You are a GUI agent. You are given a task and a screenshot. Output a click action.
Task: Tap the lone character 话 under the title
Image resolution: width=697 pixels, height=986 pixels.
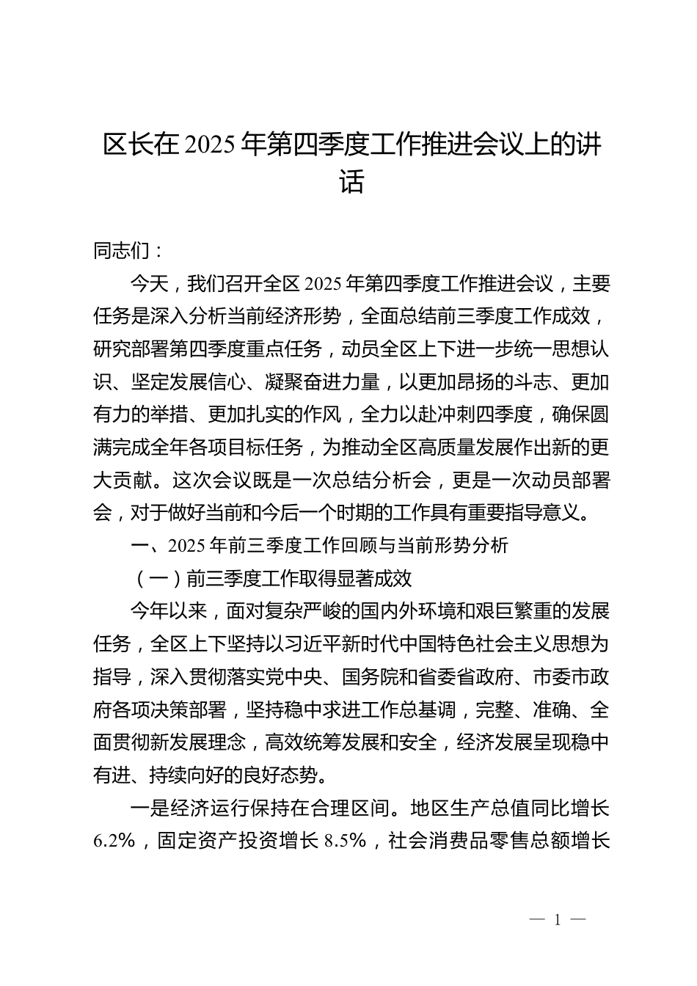[x=351, y=181]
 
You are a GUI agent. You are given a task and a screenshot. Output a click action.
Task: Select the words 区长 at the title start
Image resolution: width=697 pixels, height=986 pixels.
[x=122, y=145]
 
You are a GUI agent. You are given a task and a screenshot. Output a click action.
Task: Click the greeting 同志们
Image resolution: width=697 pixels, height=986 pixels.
[x=122, y=251]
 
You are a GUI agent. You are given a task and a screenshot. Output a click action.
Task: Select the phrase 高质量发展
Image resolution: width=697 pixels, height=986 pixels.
[x=456, y=448]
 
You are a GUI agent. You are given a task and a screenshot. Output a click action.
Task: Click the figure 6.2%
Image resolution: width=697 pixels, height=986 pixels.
[x=114, y=841]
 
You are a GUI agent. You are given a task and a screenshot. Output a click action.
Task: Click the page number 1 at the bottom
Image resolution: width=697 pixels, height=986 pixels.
[x=558, y=920]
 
